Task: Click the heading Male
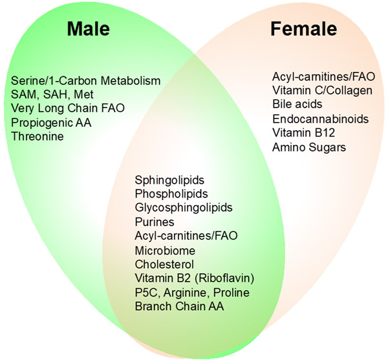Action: (x=89, y=28)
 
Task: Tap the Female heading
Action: (x=304, y=28)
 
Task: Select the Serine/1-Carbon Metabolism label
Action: (x=86, y=81)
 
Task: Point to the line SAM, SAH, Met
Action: (x=52, y=95)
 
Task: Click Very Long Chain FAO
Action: (x=68, y=108)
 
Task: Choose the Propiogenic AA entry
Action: (x=51, y=122)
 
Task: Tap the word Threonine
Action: (x=38, y=136)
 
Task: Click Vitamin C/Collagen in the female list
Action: (x=323, y=90)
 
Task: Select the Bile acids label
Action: (x=297, y=104)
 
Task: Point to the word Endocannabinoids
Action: (x=321, y=119)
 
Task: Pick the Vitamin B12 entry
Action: (x=304, y=133)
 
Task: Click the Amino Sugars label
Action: (x=309, y=147)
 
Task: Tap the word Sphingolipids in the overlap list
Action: (x=169, y=180)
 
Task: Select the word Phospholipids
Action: (x=171, y=194)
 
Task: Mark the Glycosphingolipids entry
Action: (x=184, y=207)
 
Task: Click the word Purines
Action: (x=155, y=221)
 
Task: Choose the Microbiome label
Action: (x=165, y=251)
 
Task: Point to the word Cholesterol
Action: (x=164, y=264)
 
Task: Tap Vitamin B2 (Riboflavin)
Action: (x=195, y=278)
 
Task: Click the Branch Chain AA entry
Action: (x=179, y=306)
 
